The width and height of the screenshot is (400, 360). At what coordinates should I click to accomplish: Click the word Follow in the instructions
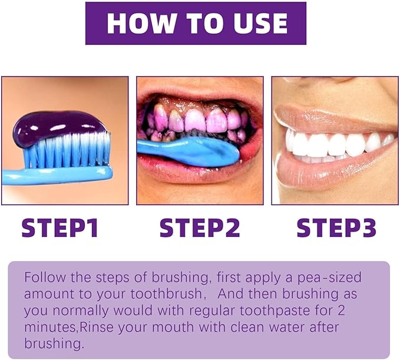point(42,277)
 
